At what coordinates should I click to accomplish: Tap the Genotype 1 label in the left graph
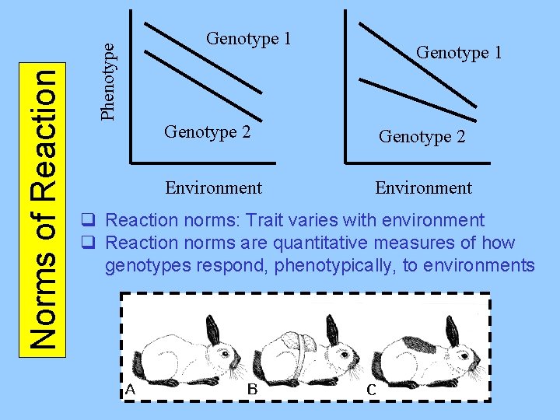coord(248,37)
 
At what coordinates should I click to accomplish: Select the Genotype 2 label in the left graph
coord(207,131)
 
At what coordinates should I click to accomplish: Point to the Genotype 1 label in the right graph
coord(459,53)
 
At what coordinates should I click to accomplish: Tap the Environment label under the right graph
coord(423,187)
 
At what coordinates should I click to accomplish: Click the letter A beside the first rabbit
coord(131,387)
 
